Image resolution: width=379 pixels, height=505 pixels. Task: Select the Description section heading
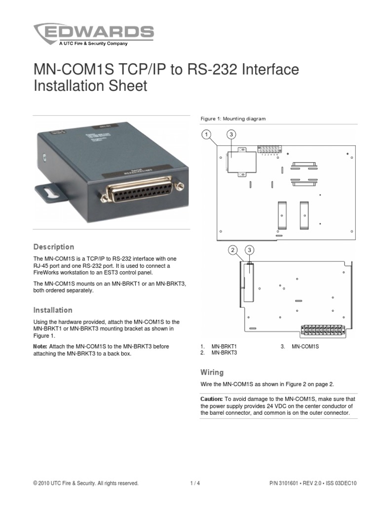(x=53, y=247)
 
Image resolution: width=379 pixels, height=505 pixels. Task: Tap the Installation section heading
(x=53, y=310)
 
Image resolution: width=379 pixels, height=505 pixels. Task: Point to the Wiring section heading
(x=212, y=372)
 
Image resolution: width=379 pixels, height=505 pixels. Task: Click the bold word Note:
(x=40, y=347)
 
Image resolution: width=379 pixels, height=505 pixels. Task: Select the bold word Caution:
(x=211, y=398)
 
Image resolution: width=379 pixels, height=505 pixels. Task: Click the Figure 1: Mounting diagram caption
(x=233, y=119)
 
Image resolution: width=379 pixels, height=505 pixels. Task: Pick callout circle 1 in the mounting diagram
(x=206, y=134)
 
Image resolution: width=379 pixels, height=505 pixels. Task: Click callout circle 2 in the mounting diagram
(x=233, y=251)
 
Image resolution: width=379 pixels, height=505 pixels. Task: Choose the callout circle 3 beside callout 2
(x=250, y=251)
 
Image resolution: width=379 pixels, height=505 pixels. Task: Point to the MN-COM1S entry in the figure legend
(x=305, y=347)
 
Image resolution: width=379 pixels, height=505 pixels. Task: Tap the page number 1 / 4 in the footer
(x=195, y=483)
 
